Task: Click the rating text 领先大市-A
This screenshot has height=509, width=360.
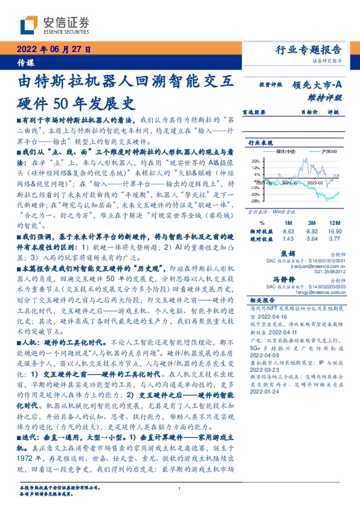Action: (319, 85)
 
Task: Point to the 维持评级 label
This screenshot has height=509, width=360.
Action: (327, 97)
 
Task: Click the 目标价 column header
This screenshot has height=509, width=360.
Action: (309, 112)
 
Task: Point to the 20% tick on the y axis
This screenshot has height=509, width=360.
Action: (256, 161)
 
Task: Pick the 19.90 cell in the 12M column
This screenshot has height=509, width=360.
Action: (335, 232)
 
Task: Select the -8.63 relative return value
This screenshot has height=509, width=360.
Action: (288, 232)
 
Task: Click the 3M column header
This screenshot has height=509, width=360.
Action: (311, 223)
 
